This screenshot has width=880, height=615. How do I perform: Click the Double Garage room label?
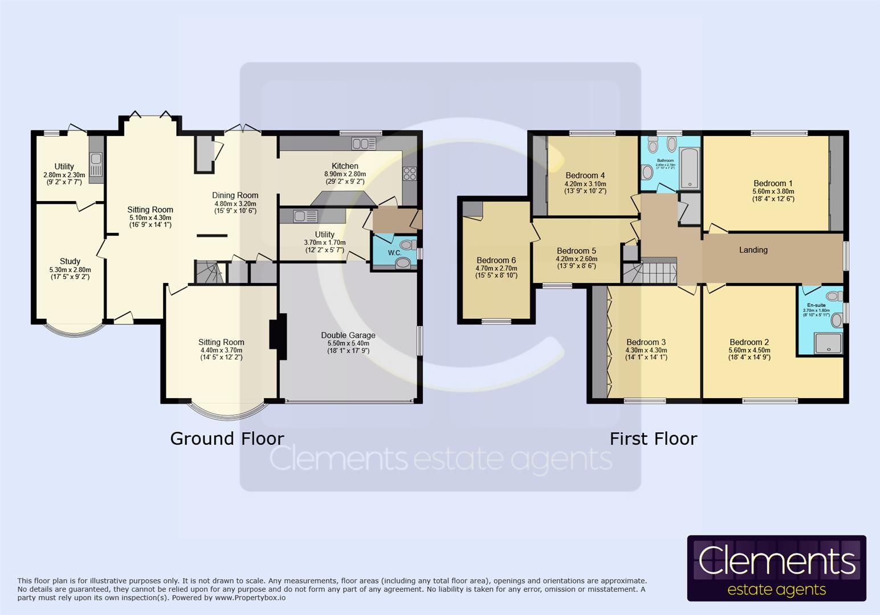[348, 335]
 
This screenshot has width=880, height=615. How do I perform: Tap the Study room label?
[70, 261]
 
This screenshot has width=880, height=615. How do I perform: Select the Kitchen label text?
[345, 166]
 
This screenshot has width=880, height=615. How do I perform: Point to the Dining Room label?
[235, 195]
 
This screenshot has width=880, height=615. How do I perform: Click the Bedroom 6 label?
[496, 260]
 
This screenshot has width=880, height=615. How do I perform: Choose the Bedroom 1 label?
[772, 183]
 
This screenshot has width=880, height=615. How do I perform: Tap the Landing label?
[753, 250]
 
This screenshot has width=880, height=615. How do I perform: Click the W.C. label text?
[394, 252]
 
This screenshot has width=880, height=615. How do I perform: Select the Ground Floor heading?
[227, 438]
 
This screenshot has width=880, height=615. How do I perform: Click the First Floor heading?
[653, 438]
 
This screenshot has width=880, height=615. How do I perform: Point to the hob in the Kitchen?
[409, 173]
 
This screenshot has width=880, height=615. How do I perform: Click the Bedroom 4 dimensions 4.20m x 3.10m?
[585, 184]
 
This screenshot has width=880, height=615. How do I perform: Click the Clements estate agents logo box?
[776, 568]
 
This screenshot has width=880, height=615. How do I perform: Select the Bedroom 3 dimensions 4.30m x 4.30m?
[646, 350]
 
